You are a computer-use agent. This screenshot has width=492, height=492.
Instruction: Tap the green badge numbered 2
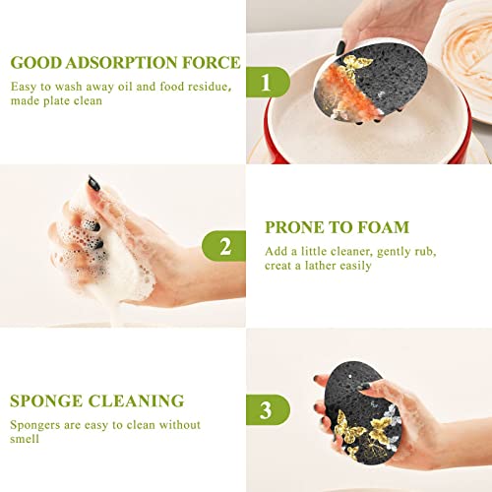coord(223,245)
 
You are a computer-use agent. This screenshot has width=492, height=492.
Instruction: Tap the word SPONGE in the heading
coord(46,400)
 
